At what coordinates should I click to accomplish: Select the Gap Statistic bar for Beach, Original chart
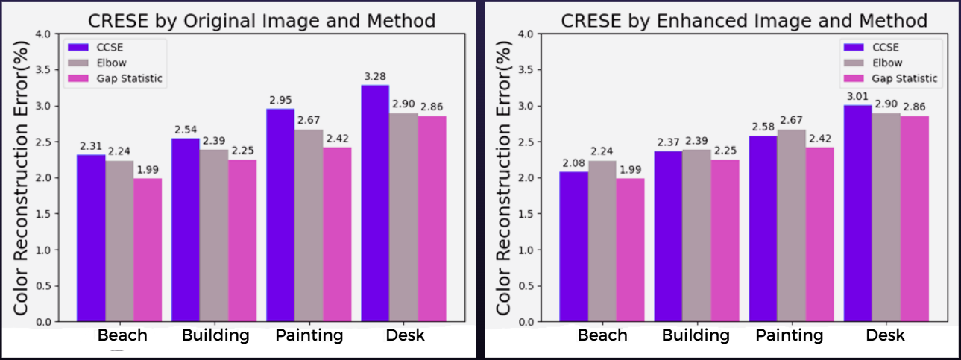tap(148, 250)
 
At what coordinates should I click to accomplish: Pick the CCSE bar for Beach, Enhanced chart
tap(574, 247)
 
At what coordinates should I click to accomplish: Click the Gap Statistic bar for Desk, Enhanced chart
tap(914, 218)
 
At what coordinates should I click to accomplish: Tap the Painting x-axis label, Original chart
tap(309, 335)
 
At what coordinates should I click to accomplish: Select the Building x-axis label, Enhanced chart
tap(696, 335)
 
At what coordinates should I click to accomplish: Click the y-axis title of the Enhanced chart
tap(504, 177)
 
